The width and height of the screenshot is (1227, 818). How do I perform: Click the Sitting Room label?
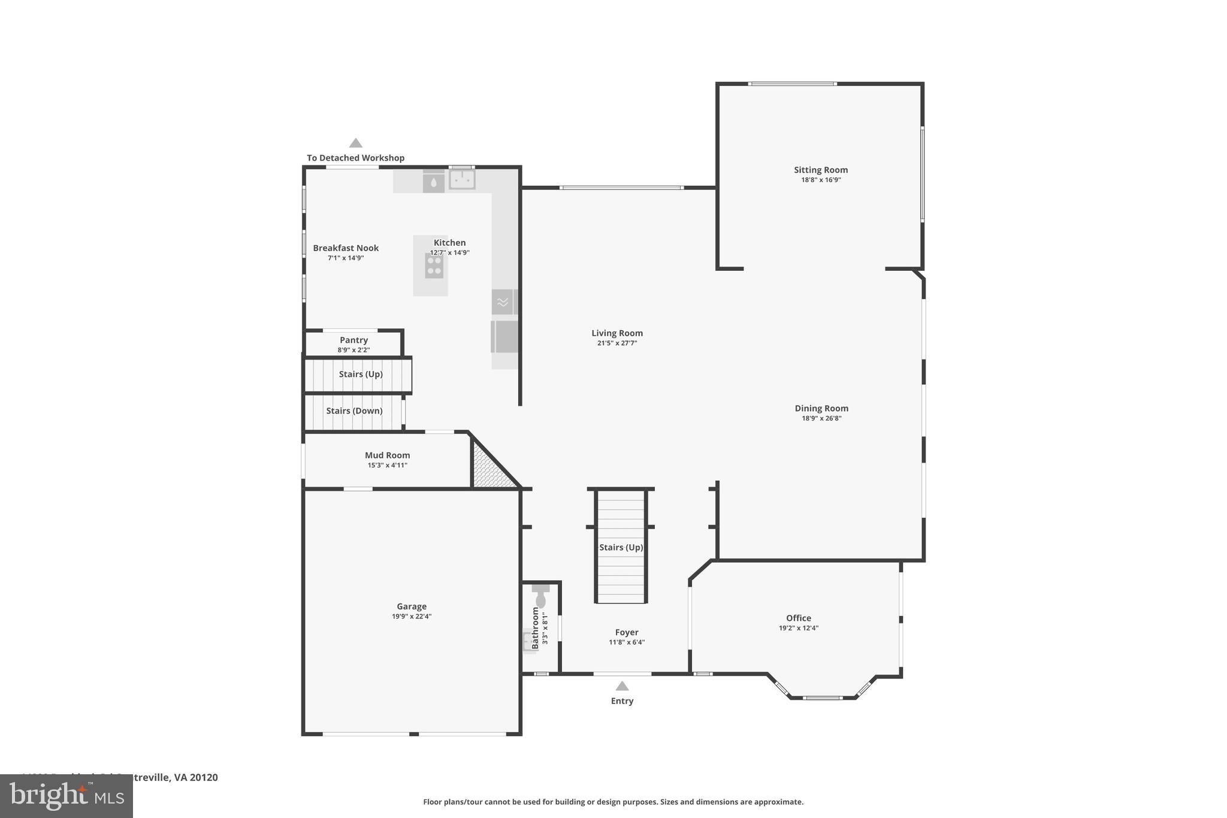tap(821, 170)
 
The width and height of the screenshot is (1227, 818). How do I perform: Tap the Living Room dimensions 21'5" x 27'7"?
tap(616, 343)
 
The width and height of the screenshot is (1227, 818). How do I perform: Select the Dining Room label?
tap(821, 408)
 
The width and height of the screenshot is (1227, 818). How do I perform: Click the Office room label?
tap(799, 618)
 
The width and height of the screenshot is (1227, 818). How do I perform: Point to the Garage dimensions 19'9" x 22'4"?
tap(412, 617)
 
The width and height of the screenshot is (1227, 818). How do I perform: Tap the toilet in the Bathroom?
tap(540, 597)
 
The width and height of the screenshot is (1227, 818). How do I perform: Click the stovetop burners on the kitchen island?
tap(434, 265)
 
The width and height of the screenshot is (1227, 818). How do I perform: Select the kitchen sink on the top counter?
tap(462, 179)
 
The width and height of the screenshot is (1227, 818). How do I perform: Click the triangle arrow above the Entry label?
tap(622, 686)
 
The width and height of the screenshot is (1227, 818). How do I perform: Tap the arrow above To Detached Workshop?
tap(356, 143)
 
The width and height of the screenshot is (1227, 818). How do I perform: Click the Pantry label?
tap(353, 340)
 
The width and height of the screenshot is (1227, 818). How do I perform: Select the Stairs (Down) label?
tap(354, 410)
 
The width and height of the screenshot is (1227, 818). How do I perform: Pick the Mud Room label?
tap(387, 455)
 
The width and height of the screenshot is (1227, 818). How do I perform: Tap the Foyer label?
tap(627, 632)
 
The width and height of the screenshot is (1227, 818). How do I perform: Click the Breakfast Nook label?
tap(346, 247)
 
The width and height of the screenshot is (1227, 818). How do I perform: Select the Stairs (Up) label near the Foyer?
tap(621, 547)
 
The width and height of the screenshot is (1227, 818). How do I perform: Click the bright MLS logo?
tap(67, 796)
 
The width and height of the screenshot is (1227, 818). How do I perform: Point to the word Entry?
tap(622, 701)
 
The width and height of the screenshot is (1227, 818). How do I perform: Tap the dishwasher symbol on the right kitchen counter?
tap(503, 302)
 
